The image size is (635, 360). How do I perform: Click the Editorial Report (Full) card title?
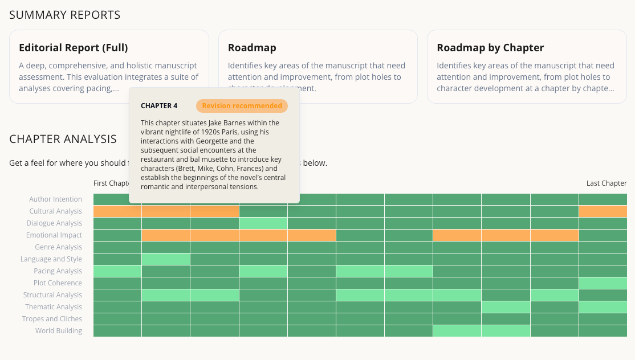coord(73,48)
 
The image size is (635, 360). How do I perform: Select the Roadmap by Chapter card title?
coord(490,48)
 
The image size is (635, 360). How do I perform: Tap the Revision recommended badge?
coord(242,106)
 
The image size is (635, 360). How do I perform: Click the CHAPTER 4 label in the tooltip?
coord(159,106)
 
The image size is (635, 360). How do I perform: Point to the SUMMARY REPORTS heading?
coord(65,15)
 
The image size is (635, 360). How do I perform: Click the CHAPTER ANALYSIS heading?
coord(63,139)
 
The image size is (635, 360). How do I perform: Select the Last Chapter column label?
coord(606,183)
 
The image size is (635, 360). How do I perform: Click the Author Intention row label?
coord(56,199)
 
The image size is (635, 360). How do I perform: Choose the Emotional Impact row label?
coord(54,235)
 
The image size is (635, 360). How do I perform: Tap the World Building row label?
coord(59,331)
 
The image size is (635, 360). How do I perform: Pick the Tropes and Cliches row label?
coord(52,319)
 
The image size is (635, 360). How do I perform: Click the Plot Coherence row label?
coord(58,283)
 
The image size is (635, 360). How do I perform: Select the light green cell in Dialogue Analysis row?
coord(263,223)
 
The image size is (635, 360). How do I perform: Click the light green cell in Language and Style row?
coord(166,259)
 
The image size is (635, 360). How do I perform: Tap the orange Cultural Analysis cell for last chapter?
coord(603,211)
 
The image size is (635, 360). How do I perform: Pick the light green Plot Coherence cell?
coord(603,283)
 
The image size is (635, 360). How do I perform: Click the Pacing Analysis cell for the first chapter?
coord(117,271)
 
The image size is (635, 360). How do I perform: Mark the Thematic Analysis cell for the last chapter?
coord(603,307)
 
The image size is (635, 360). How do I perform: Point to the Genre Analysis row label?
coord(58,247)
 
